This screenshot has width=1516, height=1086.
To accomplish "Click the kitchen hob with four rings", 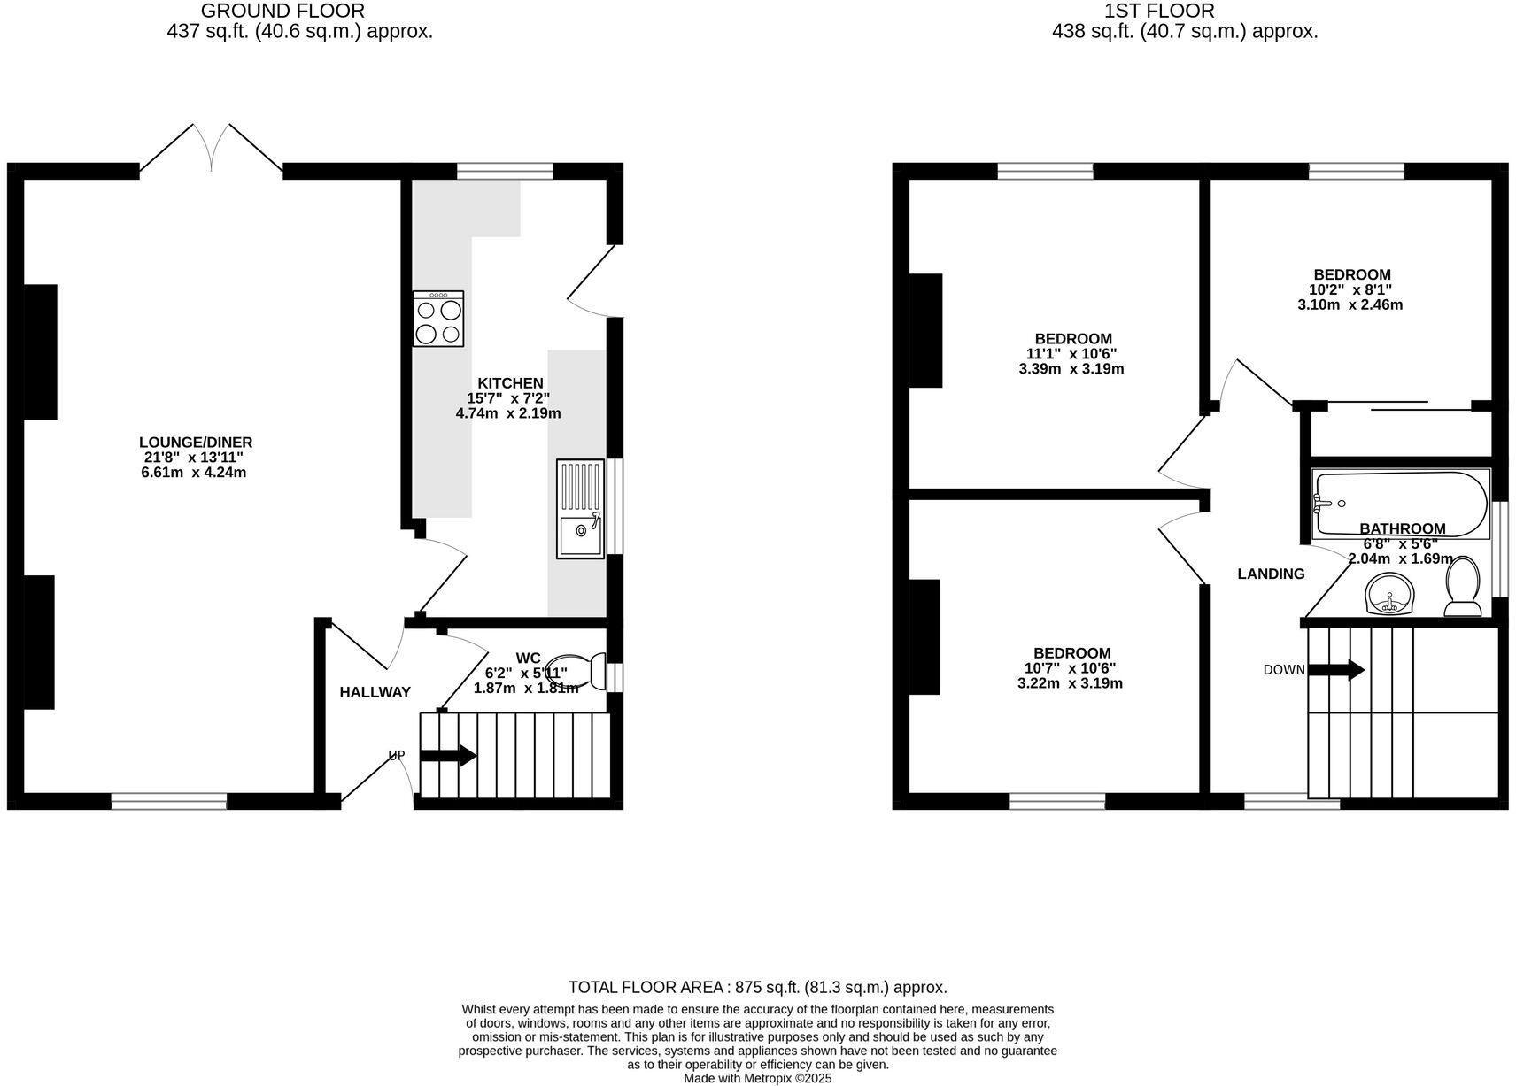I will [x=437, y=319].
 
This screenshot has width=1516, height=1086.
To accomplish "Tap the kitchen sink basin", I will [x=580, y=533].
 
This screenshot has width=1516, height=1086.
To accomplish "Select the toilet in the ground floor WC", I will [x=574, y=671].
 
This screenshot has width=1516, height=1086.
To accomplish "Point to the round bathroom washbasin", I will [x=1389, y=594].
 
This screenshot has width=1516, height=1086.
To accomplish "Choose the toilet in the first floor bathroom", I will [x=1462, y=586].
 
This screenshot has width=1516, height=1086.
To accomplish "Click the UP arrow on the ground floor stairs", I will [x=448, y=756].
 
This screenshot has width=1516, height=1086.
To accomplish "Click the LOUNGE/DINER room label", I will [x=196, y=443].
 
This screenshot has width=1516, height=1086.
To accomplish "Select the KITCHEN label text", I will [x=511, y=383].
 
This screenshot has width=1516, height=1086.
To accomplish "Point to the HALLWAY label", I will [x=375, y=692].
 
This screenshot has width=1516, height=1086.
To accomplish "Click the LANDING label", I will [x=1271, y=574].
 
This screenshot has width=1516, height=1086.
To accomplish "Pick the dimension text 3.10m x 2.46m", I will [x=1350, y=305].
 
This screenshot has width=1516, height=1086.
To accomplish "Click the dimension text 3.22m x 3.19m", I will [x=1072, y=683].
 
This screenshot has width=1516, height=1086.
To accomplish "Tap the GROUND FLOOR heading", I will [x=282, y=12].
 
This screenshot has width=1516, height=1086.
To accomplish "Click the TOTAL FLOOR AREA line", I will [x=757, y=987].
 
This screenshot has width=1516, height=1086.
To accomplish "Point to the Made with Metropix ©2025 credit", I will [x=757, y=1078].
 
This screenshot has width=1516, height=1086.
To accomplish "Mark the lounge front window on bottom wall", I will [x=169, y=801].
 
